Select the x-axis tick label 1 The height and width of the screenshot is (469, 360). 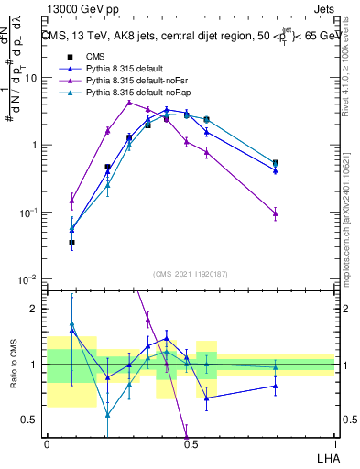click(334, 442)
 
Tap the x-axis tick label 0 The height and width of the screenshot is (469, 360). click(47, 442)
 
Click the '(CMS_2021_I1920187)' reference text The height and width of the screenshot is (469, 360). click(190, 273)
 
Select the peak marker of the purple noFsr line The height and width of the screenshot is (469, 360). click(130, 102)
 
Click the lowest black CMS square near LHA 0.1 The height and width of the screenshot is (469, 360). click(72, 243)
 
